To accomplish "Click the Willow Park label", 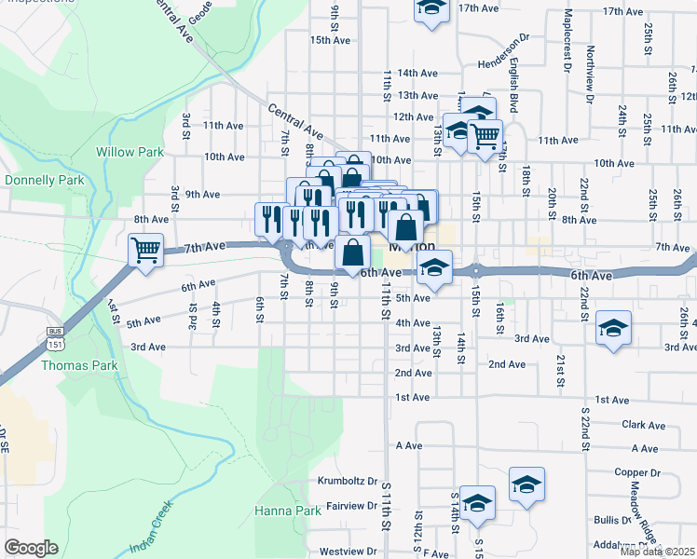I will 130,152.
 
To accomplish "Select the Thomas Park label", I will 79,365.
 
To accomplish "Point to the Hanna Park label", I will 288,511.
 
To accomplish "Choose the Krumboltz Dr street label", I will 347,483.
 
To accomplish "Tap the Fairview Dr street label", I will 351,506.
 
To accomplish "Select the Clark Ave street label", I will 643,425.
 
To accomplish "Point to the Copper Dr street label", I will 637,473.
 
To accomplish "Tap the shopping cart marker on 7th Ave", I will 146,250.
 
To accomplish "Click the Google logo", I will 31,548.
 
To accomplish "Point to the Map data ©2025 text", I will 658,552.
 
